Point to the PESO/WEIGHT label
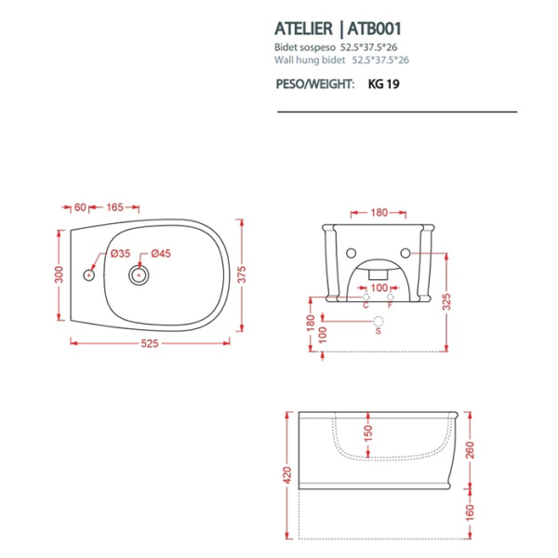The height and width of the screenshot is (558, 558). [x=316, y=84]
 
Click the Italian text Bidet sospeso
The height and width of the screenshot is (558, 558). [x=306, y=46]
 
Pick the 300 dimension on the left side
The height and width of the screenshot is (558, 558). [x=58, y=275]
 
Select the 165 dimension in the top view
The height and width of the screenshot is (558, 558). [x=116, y=206]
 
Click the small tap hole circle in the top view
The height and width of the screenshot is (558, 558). [x=89, y=275]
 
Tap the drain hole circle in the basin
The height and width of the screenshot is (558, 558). [x=140, y=275]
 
